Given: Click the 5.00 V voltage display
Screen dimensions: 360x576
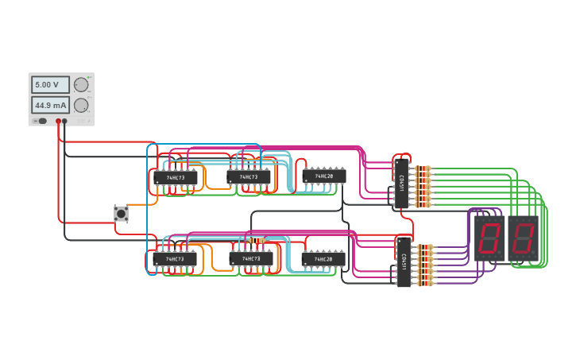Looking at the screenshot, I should [x=50, y=84].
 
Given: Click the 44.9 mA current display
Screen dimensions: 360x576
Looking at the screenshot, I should [x=50, y=105].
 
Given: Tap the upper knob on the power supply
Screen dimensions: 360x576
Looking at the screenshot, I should [x=81, y=84].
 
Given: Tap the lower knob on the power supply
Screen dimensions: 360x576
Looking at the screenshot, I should [x=81, y=105].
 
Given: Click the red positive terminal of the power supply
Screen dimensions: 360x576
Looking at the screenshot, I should [x=58, y=121].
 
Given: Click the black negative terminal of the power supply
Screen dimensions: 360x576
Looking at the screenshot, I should [x=65, y=121].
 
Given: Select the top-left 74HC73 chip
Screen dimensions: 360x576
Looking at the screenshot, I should [x=175, y=178].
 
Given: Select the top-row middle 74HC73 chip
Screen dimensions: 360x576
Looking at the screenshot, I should [x=249, y=176].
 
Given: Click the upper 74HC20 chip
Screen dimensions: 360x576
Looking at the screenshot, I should [x=323, y=176].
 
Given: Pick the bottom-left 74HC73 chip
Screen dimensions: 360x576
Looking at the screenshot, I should [x=175, y=259].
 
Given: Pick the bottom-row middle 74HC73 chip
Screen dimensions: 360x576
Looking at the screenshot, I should [x=251, y=258].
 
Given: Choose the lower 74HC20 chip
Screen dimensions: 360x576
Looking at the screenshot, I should [x=323, y=258].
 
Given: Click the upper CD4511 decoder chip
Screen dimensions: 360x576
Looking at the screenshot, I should [x=402, y=184].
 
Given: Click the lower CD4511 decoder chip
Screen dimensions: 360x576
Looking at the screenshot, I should [x=404, y=261].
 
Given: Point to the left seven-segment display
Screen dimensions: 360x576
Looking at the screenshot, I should [x=489, y=238].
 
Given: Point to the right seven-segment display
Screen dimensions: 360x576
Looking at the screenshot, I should [x=524, y=238].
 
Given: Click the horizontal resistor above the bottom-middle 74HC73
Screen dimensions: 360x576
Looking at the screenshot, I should [x=255, y=239].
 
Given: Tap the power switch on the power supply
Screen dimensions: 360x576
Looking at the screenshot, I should [x=41, y=121].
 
